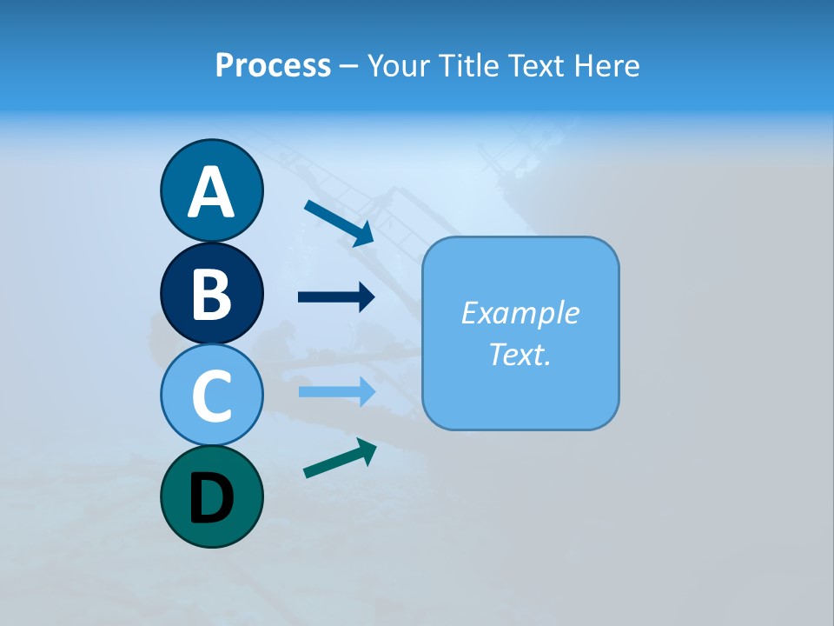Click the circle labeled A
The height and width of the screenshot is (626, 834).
click(211, 190)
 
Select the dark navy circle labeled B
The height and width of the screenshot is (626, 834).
click(211, 293)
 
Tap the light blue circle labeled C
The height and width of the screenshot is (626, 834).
click(211, 395)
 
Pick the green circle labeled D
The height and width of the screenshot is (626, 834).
click(211, 496)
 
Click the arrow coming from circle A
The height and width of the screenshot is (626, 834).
click(339, 223)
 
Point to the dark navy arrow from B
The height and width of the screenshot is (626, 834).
click(336, 297)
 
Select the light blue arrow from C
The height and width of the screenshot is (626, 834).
click(336, 391)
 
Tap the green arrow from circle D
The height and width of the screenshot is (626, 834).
click(340, 458)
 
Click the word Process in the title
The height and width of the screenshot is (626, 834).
click(273, 66)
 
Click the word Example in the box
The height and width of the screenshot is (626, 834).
click(520, 313)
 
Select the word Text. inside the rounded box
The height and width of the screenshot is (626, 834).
click(520, 354)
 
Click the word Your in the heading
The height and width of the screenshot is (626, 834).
click(400, 66)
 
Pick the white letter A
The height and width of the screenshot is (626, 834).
click(211, 192)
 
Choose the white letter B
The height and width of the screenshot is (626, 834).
click(211, 294)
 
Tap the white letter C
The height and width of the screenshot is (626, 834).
click(211, 396)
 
